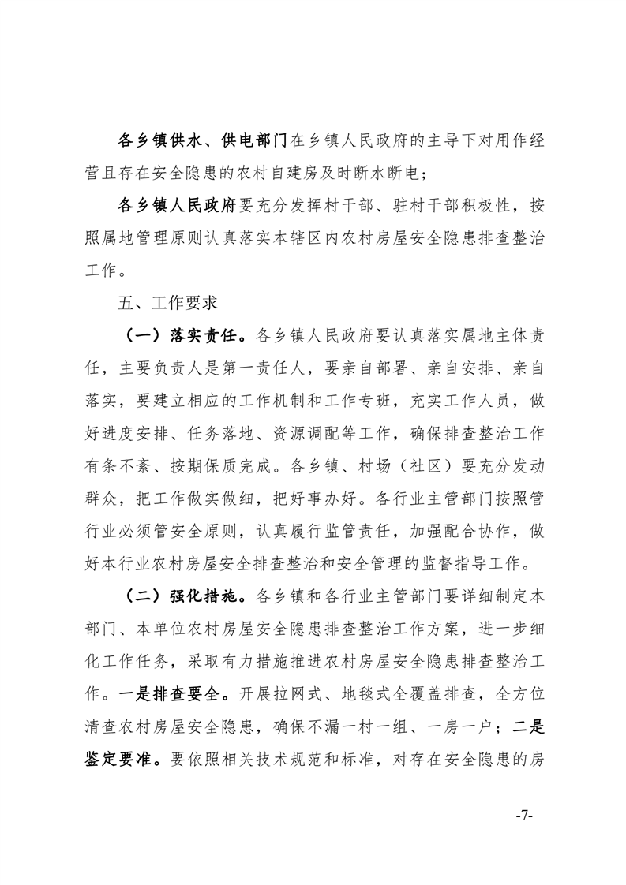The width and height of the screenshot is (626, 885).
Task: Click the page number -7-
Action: pos(523,814)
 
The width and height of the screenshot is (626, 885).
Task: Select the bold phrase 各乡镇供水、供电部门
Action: pos(202,142)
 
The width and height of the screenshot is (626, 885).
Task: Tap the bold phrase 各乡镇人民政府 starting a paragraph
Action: pos(176,207)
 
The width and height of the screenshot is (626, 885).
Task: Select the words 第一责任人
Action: pos(280,368)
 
